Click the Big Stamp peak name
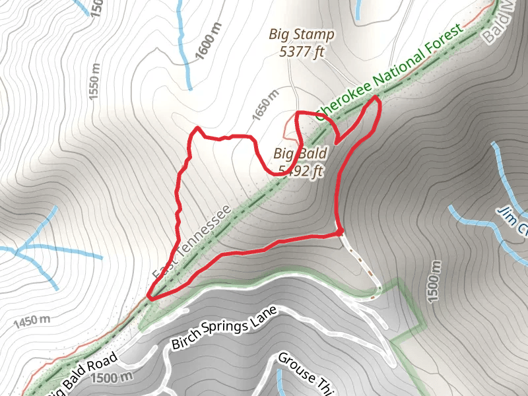tap(302, 34)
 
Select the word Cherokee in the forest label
tap(342, 100)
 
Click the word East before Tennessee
tap(163, 267)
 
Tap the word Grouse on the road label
tap(292, 366)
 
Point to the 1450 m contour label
tap(31, 322)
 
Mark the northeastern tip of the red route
tap(378, 97)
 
